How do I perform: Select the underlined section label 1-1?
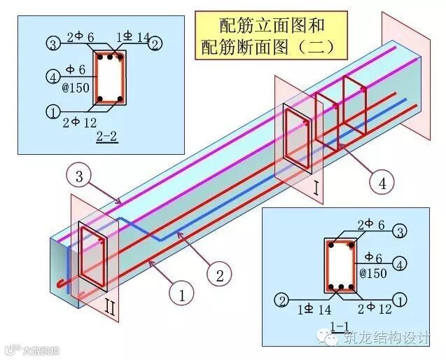coord(340,326)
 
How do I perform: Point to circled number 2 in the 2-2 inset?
coord(155,44)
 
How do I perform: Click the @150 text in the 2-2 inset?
coord(81,88)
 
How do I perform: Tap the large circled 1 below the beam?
coord(181,295)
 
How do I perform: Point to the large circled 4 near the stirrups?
coord(382,184)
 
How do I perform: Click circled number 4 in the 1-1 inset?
coord(400,263)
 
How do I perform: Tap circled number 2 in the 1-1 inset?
coord(281,300)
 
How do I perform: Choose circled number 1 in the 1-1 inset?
coord(400,300)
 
